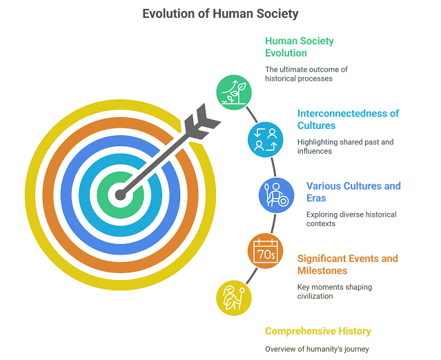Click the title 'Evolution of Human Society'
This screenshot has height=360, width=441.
(220, 13)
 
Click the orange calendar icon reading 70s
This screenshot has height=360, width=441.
(264, 252)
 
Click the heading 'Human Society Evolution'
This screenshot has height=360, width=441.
(300, 47)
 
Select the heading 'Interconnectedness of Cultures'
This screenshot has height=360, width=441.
(348, 119)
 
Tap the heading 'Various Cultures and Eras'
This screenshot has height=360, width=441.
(353, 192)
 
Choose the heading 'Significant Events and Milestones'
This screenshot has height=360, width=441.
(347, 264)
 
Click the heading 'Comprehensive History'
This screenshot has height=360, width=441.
(317, 331)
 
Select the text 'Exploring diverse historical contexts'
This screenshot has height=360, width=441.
(351, 219)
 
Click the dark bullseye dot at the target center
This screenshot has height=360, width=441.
(121, 194)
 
